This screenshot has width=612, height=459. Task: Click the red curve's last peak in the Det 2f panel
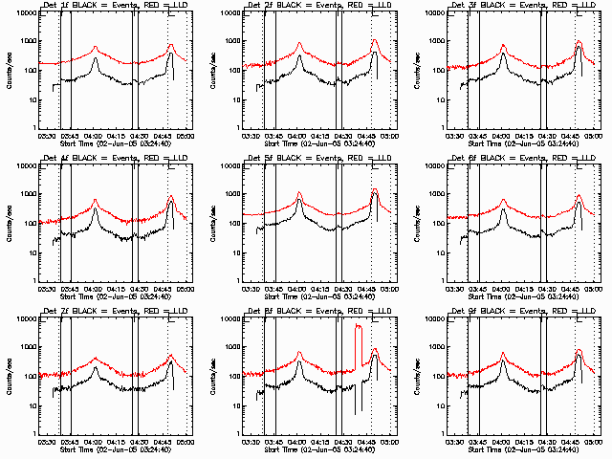(375, 40)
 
